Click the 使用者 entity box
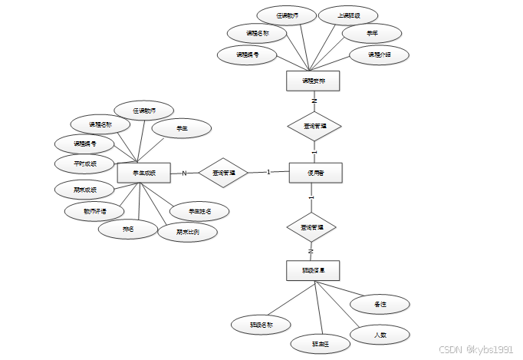pyautogui.click(x=314, y=173)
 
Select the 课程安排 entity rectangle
pyautogui.click(x=312, y=81)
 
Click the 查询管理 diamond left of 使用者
pyautogui.click(x=223, y=173)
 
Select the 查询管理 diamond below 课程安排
pyautogui.click(x=314, y=126)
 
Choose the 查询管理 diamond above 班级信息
pyautogui.click(x=312, y=228)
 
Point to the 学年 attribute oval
pyautogui.click(x=371, y=33)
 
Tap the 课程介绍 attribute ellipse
pyautogui.click(x=378, y=54)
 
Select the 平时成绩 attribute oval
pyautogui.click(x=84, y=163)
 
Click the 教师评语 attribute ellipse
pyautogui.click(x=94, y=210)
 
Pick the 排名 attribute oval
pyautogui.click(x=127, y=229)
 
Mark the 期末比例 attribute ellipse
pyautogui.click(x=187, y=231)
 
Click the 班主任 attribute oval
pyautogui.click(x=320, y=344)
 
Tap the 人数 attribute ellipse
pyautogui.click(x=379, y=335)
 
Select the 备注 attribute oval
pyautogui.click(x=379, y=304)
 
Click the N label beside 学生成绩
pyautogui.click(x=184, y=173)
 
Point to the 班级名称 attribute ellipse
pyautogui.click(x=261, y=324)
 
